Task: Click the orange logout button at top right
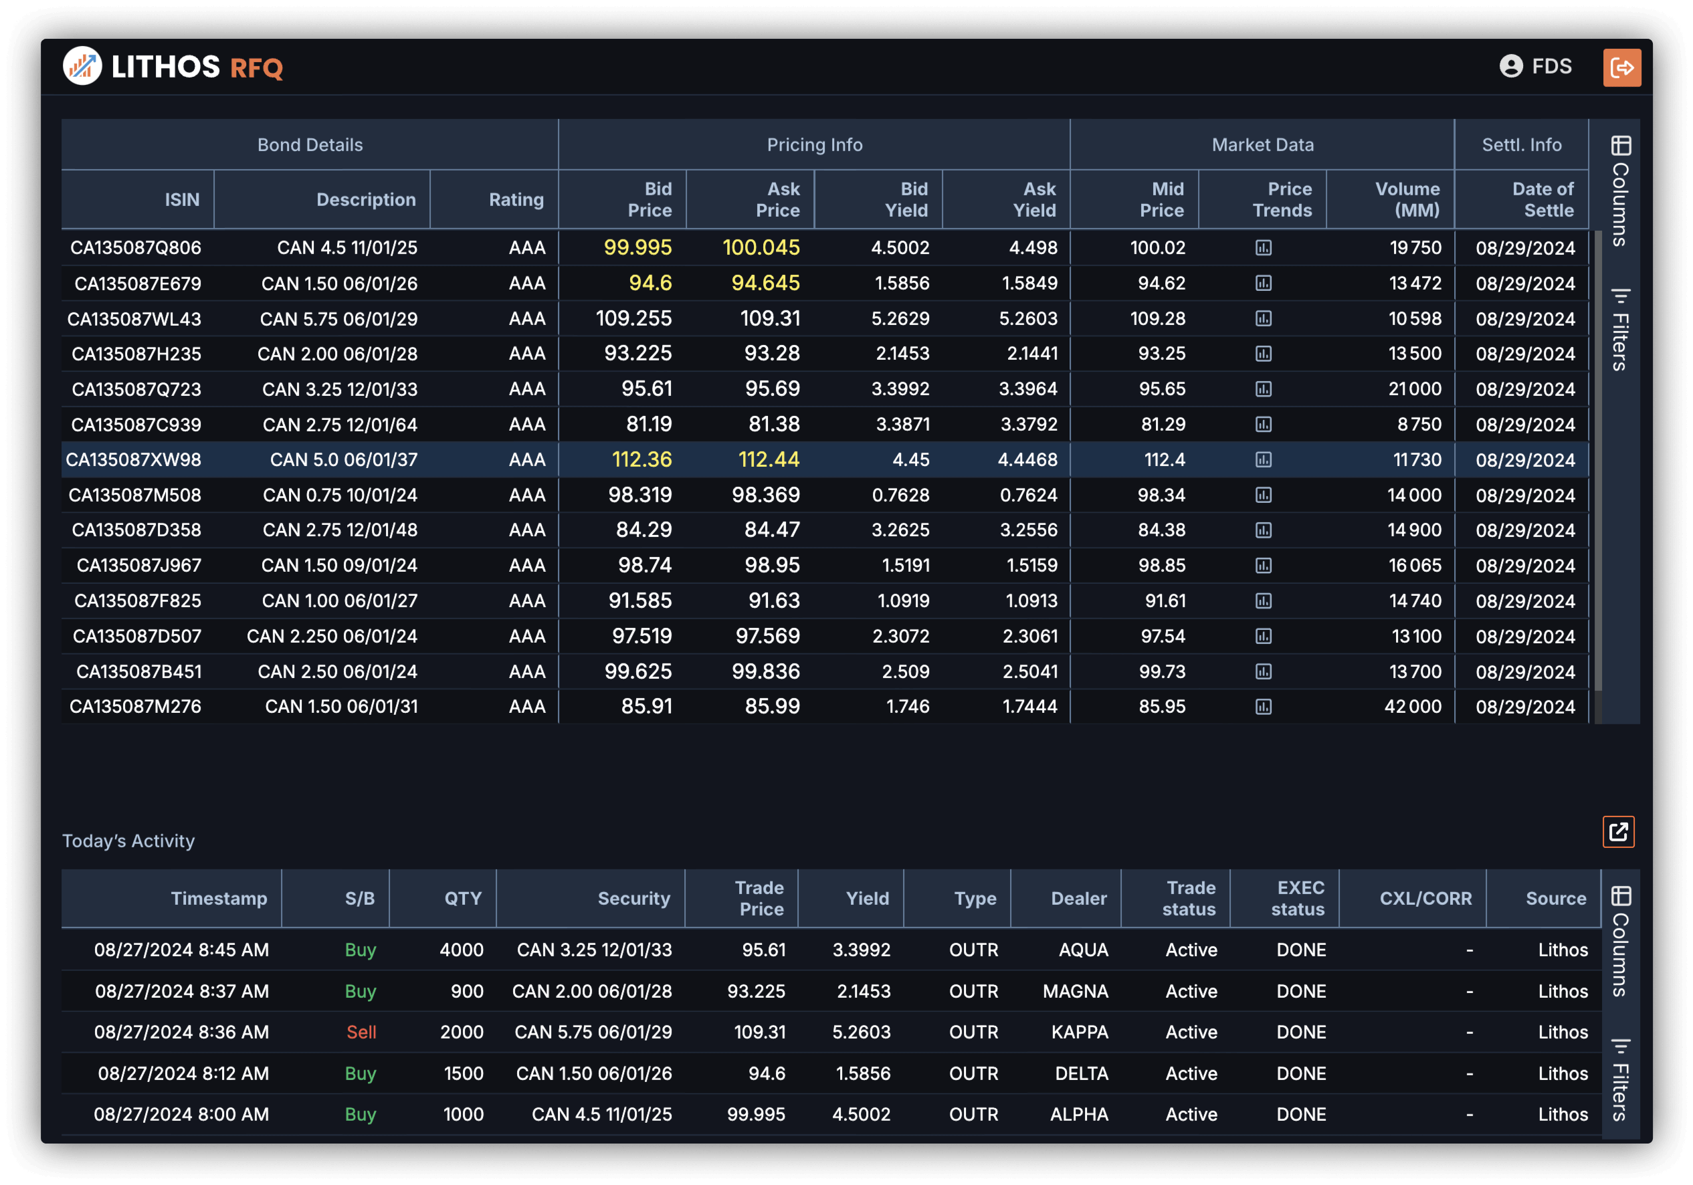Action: [x=1621, y=68]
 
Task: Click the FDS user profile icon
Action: [x=1511, y=66]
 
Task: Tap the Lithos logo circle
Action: [x=82, y=66]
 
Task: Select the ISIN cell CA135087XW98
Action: [x=134, y=460]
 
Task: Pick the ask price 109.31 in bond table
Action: [x=770, y=318]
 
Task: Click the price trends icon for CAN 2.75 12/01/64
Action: [x=1263, y=425]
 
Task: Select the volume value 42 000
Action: [x=1412, y=706]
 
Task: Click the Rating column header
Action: [x=516, y=200]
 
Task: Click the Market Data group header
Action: [x=1262, y=145]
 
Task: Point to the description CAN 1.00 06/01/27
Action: [x=339, y=601]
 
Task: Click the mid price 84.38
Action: [x=1161, y=530]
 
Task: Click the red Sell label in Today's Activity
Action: [x=361, y=1033]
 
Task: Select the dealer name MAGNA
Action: [x=1075, y=991]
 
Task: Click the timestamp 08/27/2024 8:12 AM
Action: [x=183, y=1073]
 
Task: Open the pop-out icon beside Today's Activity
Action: [x=1618, y=832]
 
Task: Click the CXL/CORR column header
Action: [x=1425, y=898]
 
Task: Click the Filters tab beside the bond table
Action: [x=1620, y=330]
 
